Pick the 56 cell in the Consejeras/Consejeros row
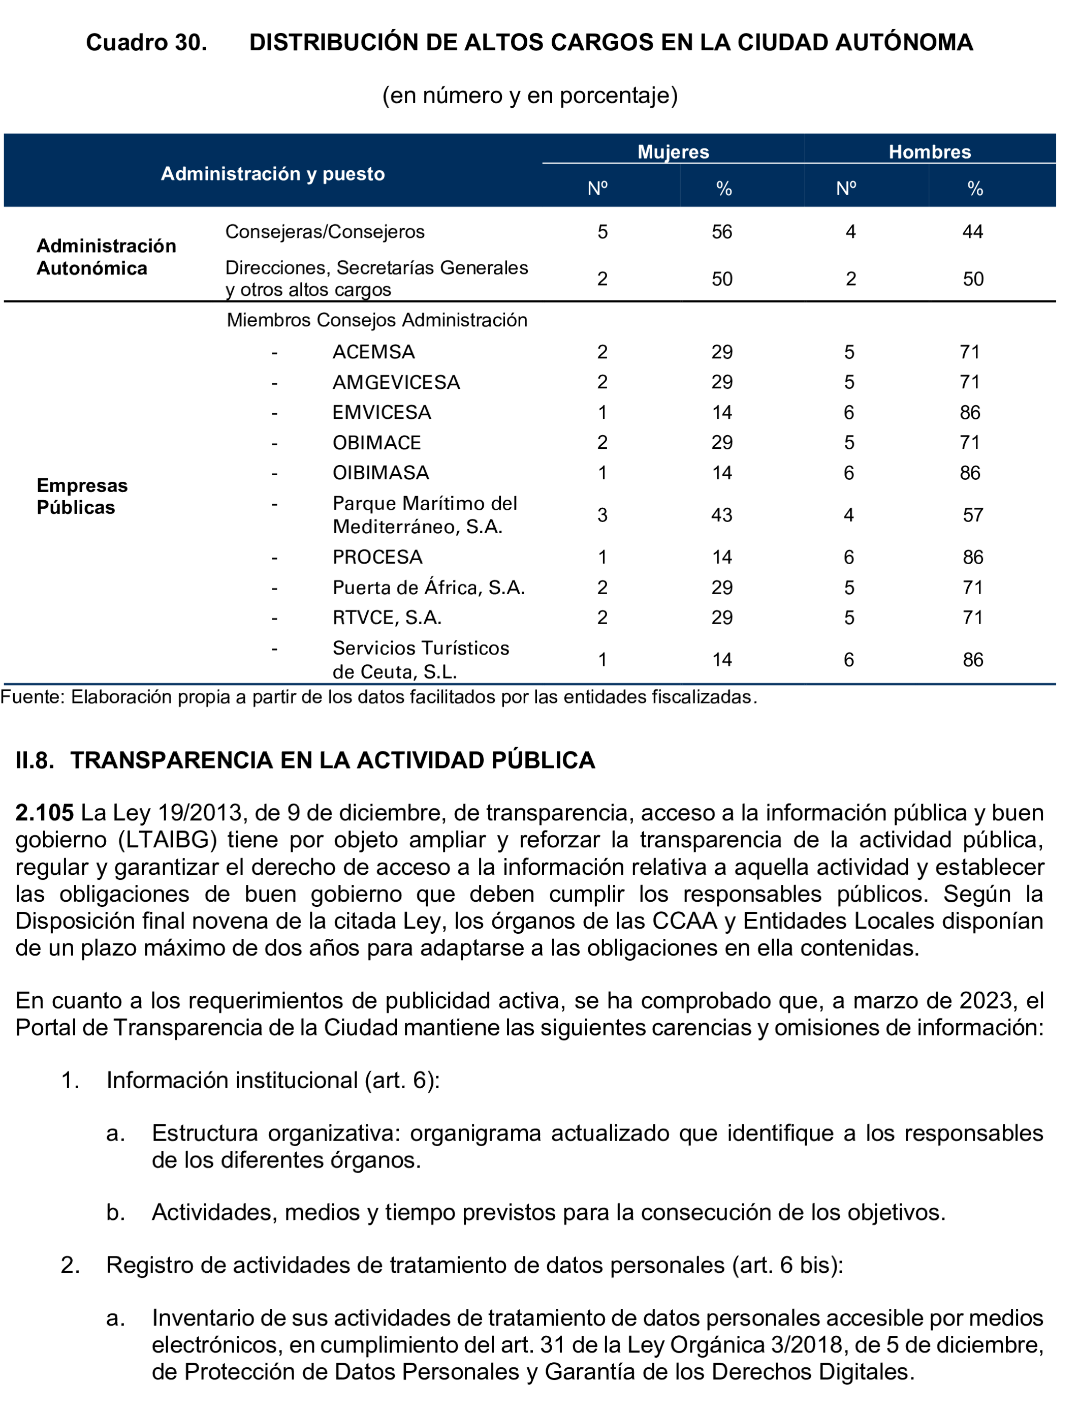point(722,232)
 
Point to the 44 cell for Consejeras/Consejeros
point(972,232)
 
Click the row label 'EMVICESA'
point(382,413)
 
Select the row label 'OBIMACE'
point(376,443)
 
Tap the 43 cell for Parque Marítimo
point(722,515)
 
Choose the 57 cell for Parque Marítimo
point(972,515)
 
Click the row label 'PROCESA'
point(377,557)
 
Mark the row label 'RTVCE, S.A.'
point(387,618)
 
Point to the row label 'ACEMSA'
point(374,352)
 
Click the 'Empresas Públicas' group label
point(82,496)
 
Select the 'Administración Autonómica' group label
point(106,257)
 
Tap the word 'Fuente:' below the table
point(32,697)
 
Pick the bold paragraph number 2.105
point(44,813)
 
